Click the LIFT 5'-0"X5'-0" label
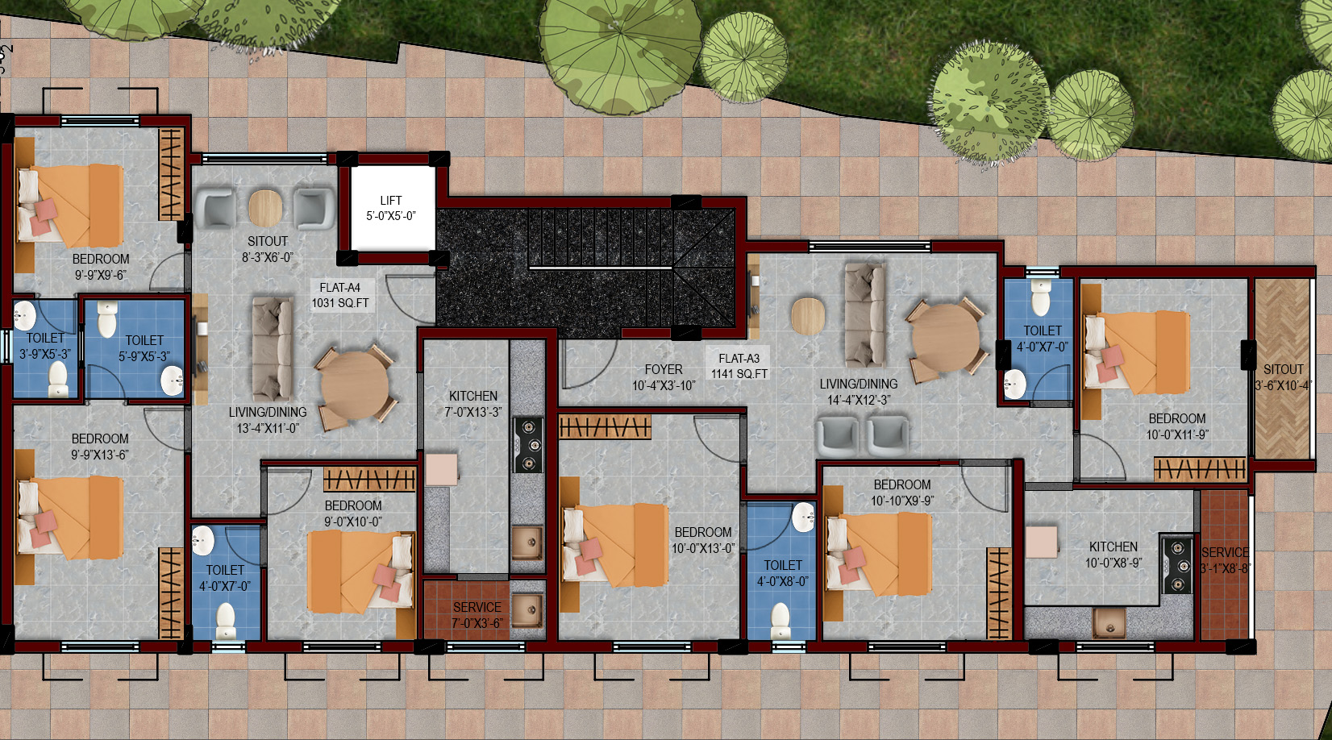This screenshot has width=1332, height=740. click(x=391, y=208)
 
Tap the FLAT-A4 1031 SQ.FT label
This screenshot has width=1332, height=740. click(x=340, y=295)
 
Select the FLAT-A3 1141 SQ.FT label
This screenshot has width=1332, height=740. click(x=739, y=366)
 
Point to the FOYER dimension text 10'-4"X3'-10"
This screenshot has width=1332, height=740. click(x=664, y=386)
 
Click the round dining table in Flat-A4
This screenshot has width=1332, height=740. click(x=355, y=387)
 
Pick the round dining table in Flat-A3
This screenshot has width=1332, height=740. click(x=946, y=339)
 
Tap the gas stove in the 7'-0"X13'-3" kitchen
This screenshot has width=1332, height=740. click(x=528, y=445)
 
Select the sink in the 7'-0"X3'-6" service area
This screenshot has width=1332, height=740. click(x=527, y=609)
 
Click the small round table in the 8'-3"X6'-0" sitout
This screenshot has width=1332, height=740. click(x=265, y=208)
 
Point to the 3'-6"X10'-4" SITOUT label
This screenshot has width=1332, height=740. click(x=1284, y=377)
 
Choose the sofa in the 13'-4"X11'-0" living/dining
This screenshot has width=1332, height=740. click(x=273, y=348)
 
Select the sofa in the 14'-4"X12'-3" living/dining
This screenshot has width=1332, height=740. click(x=864, y=315)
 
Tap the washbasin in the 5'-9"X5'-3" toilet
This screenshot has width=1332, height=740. click(x=173, y=380)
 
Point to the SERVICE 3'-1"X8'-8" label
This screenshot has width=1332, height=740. click(x=1225, y=560)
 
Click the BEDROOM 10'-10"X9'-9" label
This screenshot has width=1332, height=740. click(x=902, y=493)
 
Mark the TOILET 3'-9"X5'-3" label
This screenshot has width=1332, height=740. click(x=45, y=346)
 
